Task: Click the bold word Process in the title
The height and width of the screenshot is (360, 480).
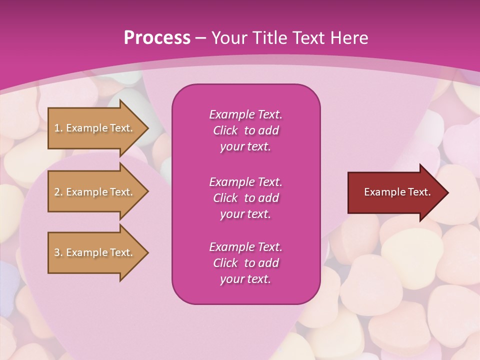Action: pos(157,38)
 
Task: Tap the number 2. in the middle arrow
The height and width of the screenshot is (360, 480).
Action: pos(58,192)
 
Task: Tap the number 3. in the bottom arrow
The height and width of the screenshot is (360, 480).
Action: pos(58,252)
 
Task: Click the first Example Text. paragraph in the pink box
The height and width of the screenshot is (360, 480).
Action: pos(245,130)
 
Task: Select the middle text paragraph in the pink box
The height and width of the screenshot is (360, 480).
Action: pos(245,198)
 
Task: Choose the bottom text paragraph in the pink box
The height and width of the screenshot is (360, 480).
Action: pos(245,263)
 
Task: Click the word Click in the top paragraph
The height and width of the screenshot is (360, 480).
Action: pos(225,130)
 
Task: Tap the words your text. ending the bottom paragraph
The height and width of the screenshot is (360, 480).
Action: pos(245,279)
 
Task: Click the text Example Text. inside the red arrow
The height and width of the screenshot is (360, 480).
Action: pos(397,192)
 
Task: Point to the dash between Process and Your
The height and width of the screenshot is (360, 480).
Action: pos(200,38)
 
